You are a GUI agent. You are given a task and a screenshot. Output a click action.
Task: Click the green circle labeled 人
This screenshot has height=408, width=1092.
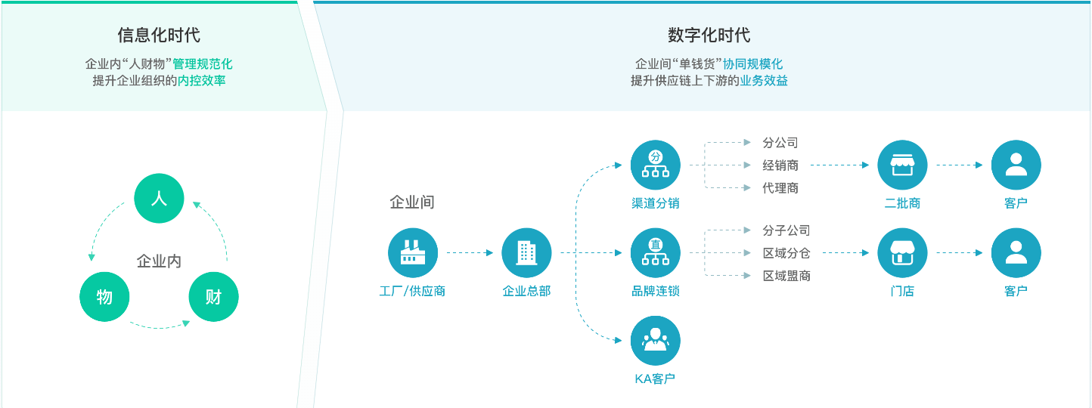tap(159, 198)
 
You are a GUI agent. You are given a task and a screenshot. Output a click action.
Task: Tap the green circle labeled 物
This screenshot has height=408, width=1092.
tap(104, 296)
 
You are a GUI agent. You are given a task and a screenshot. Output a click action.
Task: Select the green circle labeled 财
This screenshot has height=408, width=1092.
tap(213, 296)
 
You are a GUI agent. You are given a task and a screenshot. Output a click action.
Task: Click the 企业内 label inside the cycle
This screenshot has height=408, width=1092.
tap(159, 261)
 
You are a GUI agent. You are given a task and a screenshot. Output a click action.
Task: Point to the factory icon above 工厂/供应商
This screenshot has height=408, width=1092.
tap(413, 252)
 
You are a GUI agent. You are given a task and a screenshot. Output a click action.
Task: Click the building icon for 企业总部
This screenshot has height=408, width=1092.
tap(526, 252)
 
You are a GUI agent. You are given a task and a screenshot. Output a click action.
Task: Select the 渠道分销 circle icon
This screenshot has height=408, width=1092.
tap(655, 165)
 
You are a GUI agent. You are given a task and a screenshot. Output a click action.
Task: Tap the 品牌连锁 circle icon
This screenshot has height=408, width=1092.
tap(655, 252)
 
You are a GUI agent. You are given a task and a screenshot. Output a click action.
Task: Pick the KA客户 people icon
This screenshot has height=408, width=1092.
tap(655, 340)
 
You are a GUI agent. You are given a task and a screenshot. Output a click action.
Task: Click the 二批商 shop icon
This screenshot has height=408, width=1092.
tap(902, 165)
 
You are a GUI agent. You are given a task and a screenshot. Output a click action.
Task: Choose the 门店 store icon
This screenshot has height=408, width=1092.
tap(902, 252)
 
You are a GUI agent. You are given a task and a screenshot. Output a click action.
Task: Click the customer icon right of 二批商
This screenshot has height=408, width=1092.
tap(1016, 165)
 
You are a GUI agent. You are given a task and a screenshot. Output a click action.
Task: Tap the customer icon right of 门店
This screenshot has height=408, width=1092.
tap(1016, 252)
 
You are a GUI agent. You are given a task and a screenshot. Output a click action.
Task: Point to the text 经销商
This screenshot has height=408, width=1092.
tap(780, 165)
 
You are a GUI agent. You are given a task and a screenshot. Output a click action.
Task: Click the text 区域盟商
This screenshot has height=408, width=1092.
tap(786, 276)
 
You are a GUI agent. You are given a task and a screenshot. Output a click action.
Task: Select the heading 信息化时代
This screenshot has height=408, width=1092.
tap(159, 35)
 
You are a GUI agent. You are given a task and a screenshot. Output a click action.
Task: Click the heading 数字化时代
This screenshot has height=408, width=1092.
tap(709, 35)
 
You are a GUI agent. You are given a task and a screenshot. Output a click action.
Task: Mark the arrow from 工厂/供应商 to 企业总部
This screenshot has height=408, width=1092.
tap(470, 252)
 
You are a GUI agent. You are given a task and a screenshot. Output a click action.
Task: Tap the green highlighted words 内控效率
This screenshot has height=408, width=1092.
tap(201, 80)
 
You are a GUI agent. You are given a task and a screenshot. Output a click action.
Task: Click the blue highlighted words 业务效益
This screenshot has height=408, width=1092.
tap(764, 80)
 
